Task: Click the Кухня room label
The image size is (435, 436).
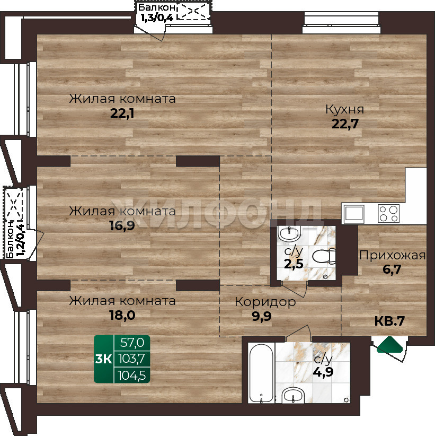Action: [x=345, y=110]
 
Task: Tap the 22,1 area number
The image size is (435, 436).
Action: [x=122, y=114]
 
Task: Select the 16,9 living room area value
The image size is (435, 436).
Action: [x=122, y=226]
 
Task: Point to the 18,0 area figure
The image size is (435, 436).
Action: [x=122, y=316]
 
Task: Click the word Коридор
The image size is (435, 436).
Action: [x=265, y=302]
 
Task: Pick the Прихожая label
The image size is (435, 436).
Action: [x=392, y=255]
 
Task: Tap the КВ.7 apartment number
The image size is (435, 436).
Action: [x=389, y=321]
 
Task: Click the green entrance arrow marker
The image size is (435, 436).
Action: [x=389, y=345]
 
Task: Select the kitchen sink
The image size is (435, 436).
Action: [x=354, y=214]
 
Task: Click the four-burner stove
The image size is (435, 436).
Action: [x=388, y=214]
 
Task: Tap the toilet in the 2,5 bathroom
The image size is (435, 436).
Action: [x=324, y=256]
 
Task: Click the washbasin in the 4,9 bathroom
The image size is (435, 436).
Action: [x=294, y=395]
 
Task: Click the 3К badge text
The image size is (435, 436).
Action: [x=103, y=359]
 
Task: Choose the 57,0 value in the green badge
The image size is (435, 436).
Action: [x=132, y=343]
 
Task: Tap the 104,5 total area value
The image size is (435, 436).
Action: [x=132, y=376]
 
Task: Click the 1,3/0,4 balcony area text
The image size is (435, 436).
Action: [x=157, y=18]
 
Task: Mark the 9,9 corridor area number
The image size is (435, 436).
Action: [x=262, y=317]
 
